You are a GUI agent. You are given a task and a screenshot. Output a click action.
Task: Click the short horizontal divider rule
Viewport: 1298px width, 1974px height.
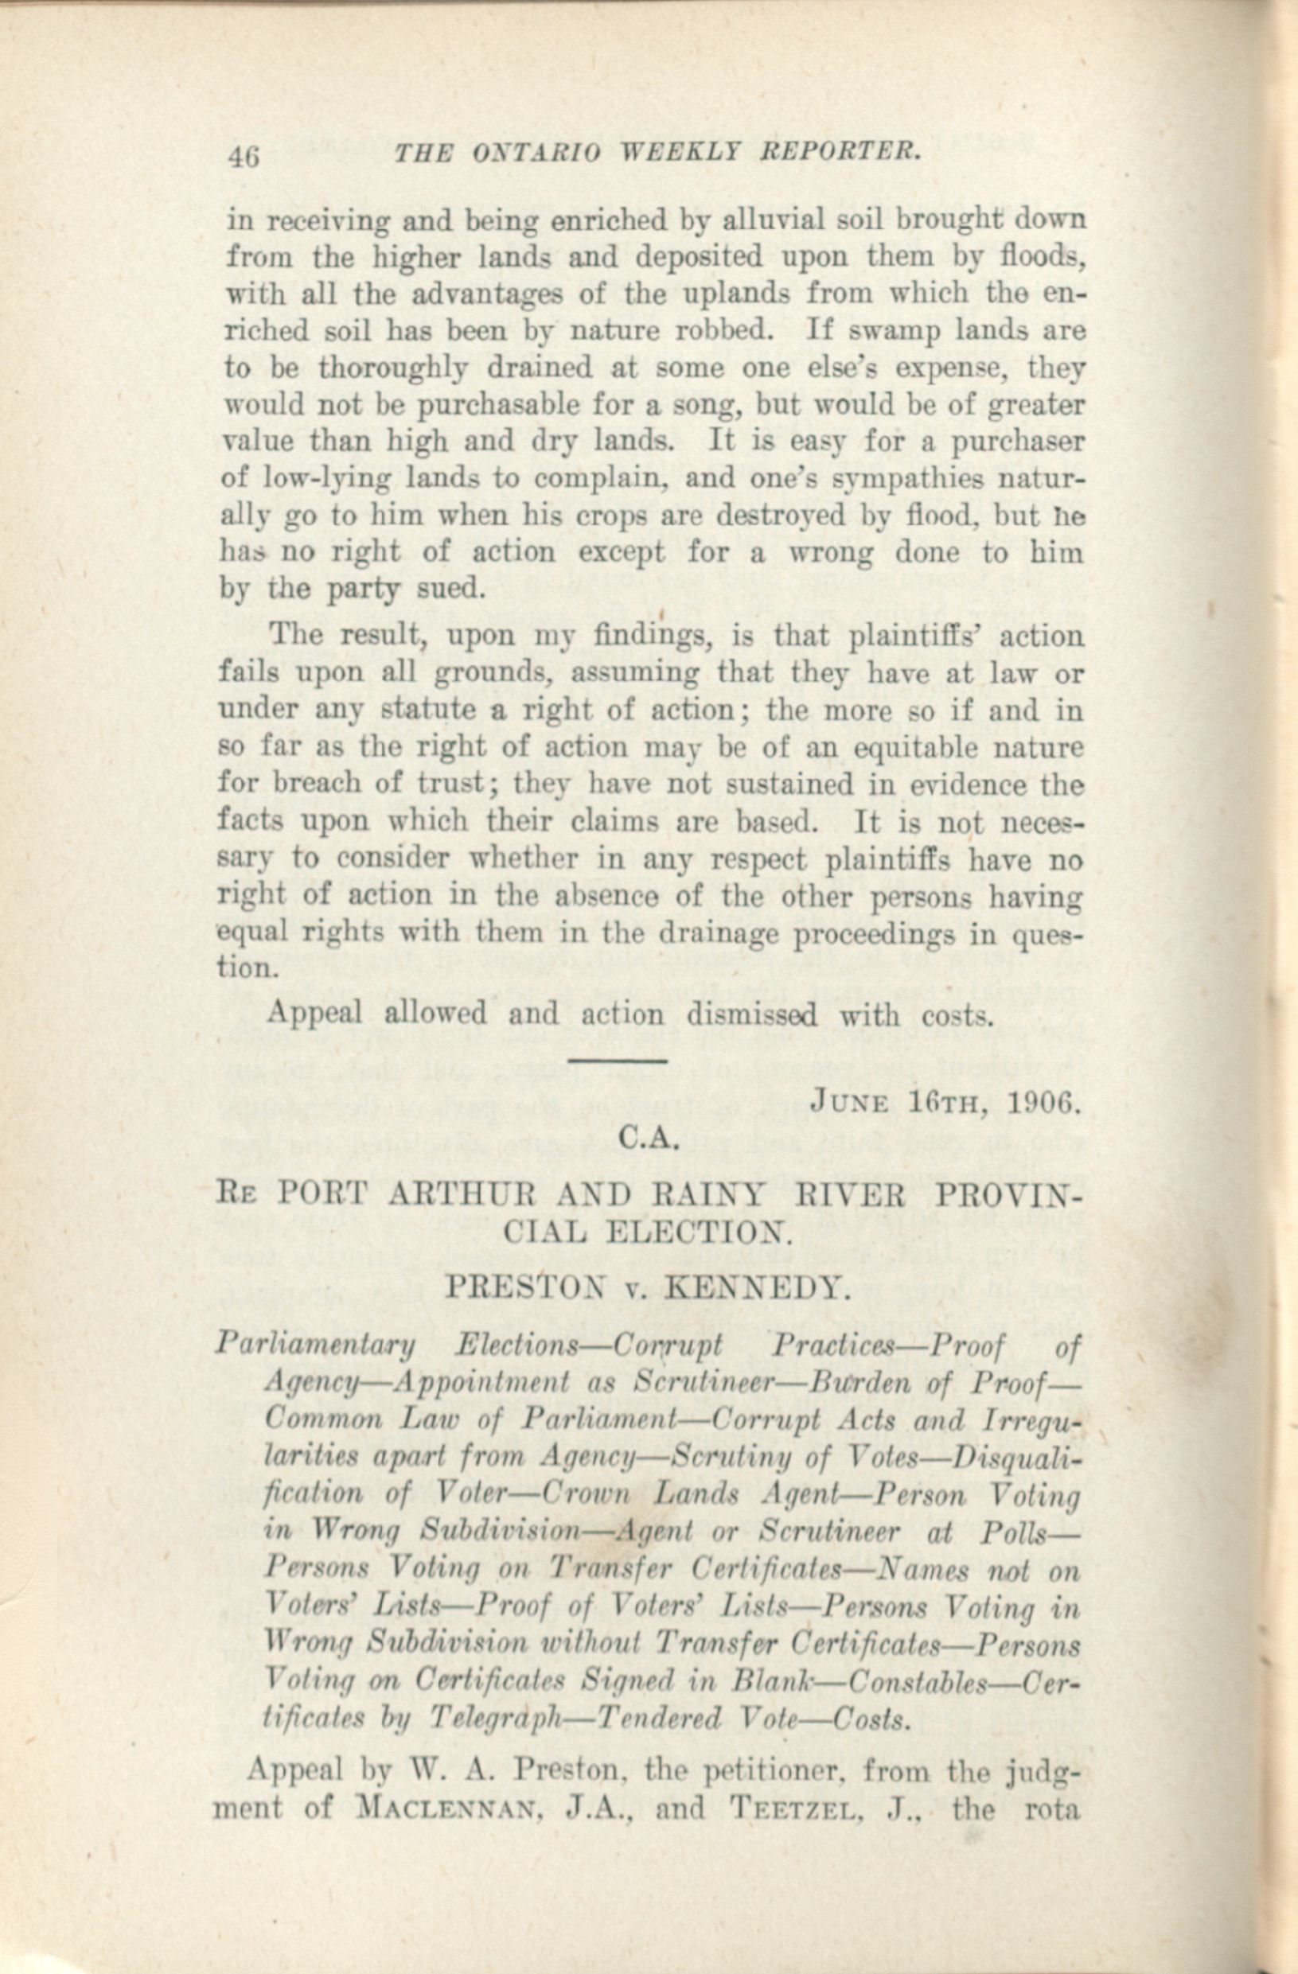point(617,1059)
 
